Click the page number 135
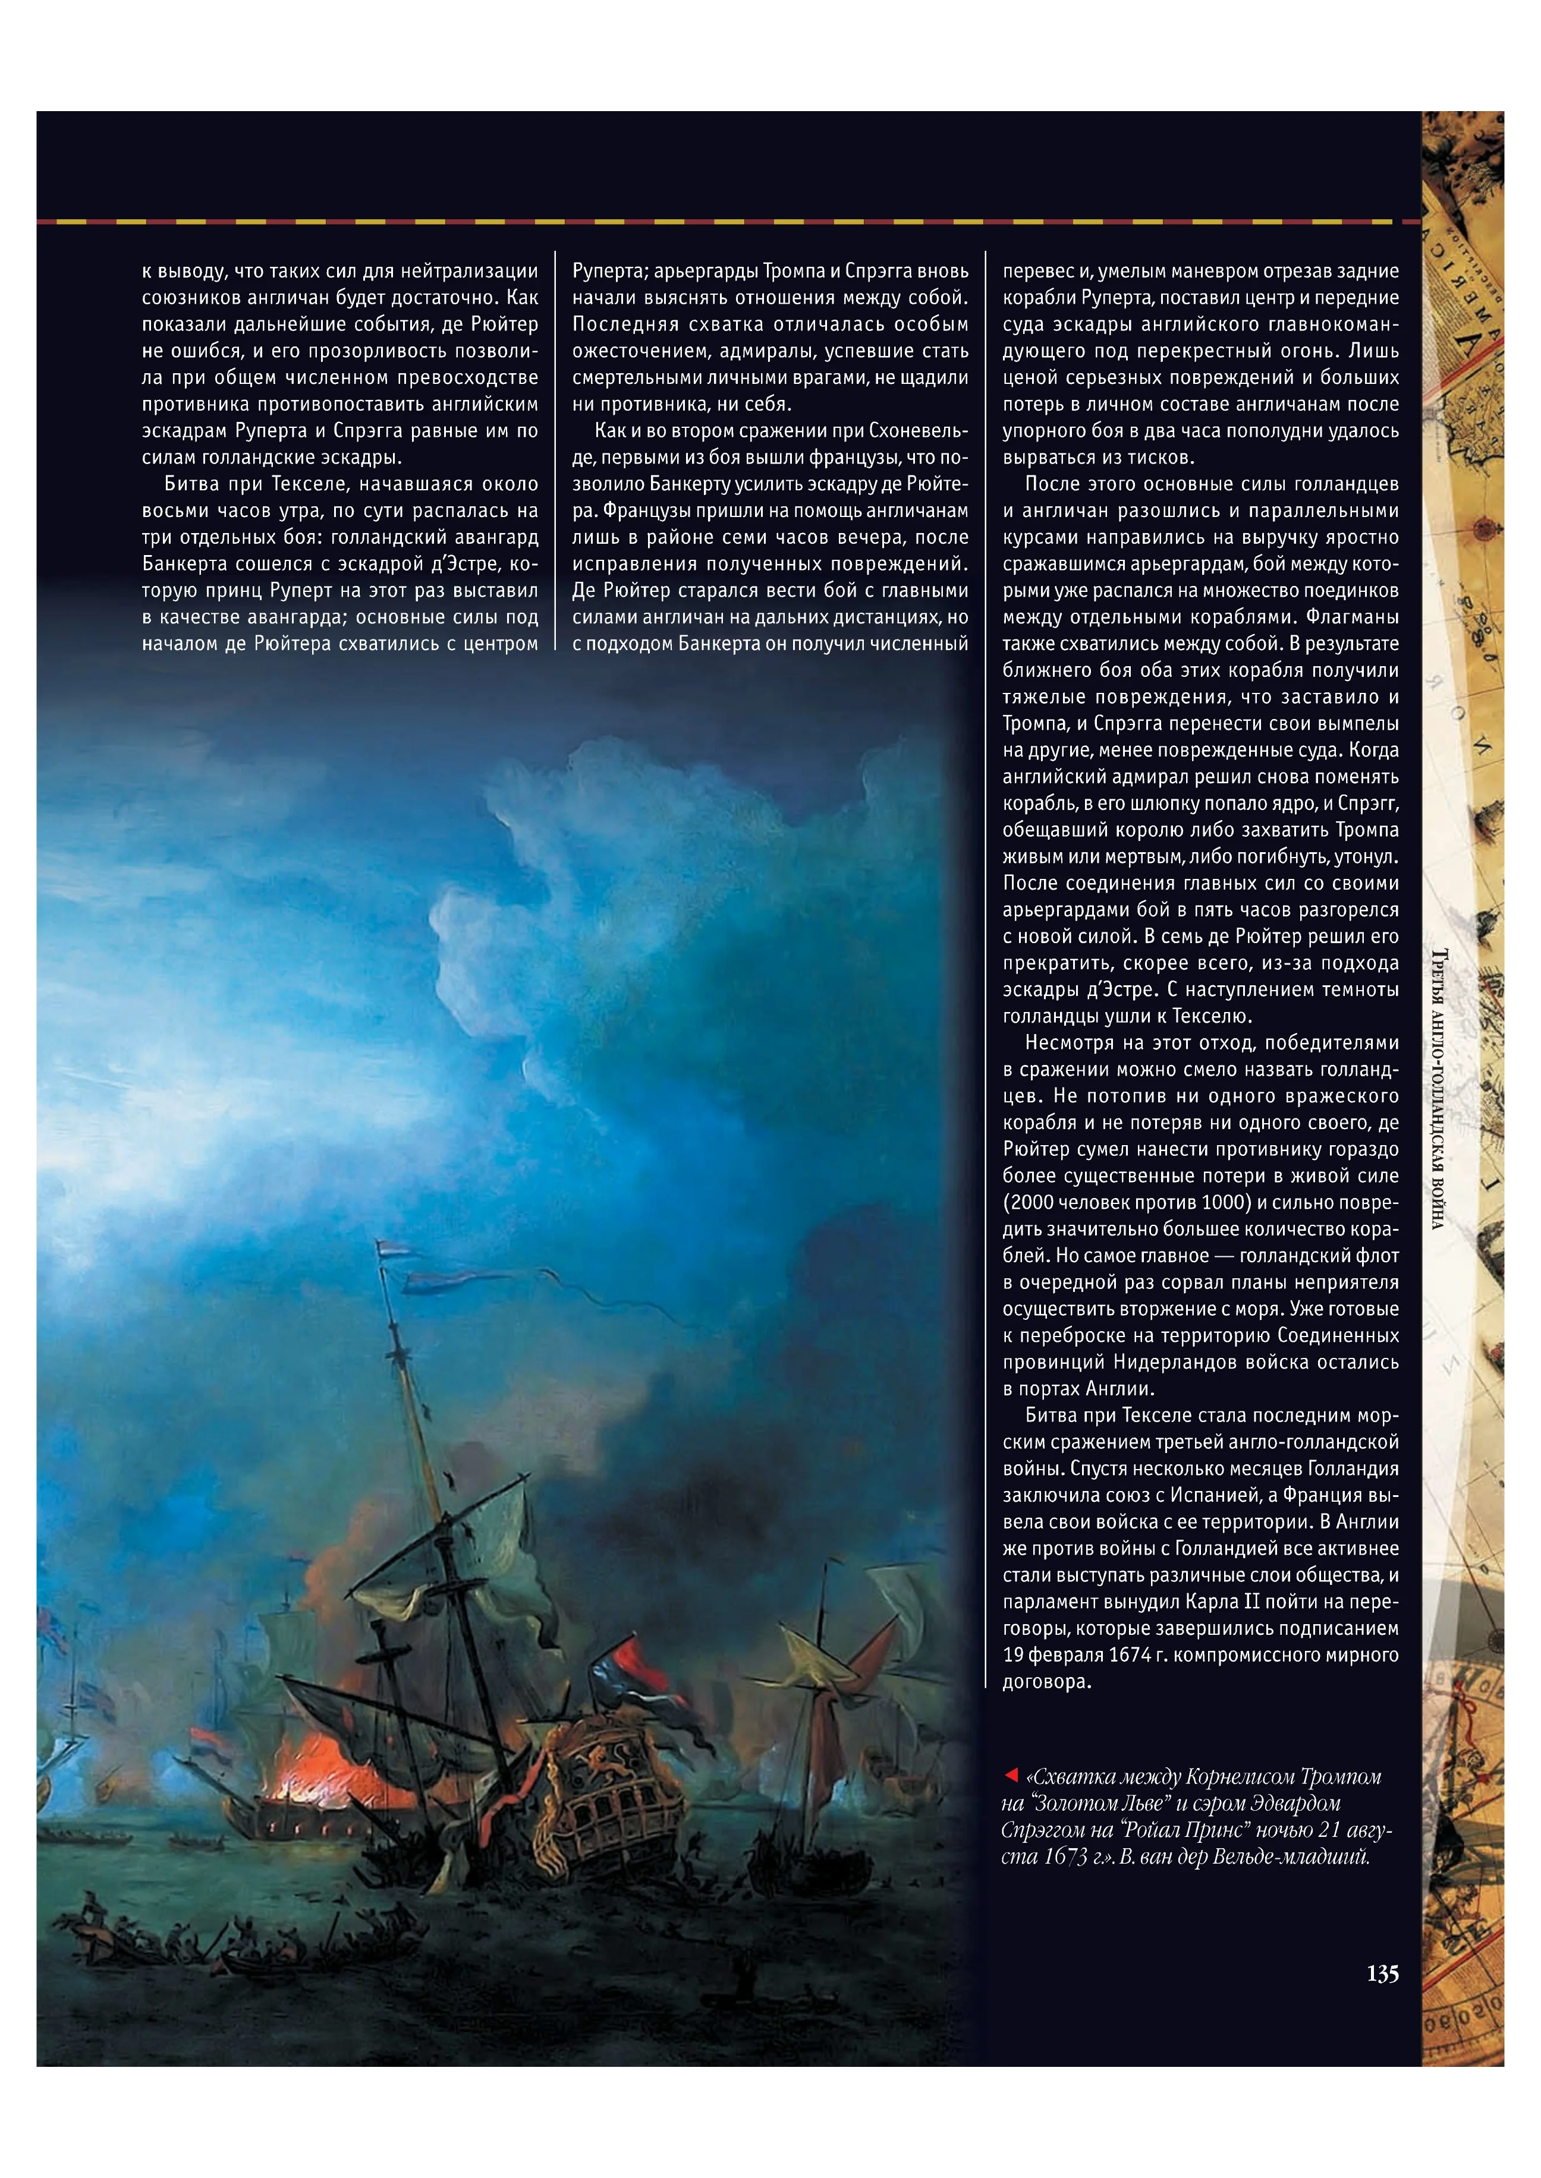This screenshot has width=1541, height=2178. (x=1382, y=1974)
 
